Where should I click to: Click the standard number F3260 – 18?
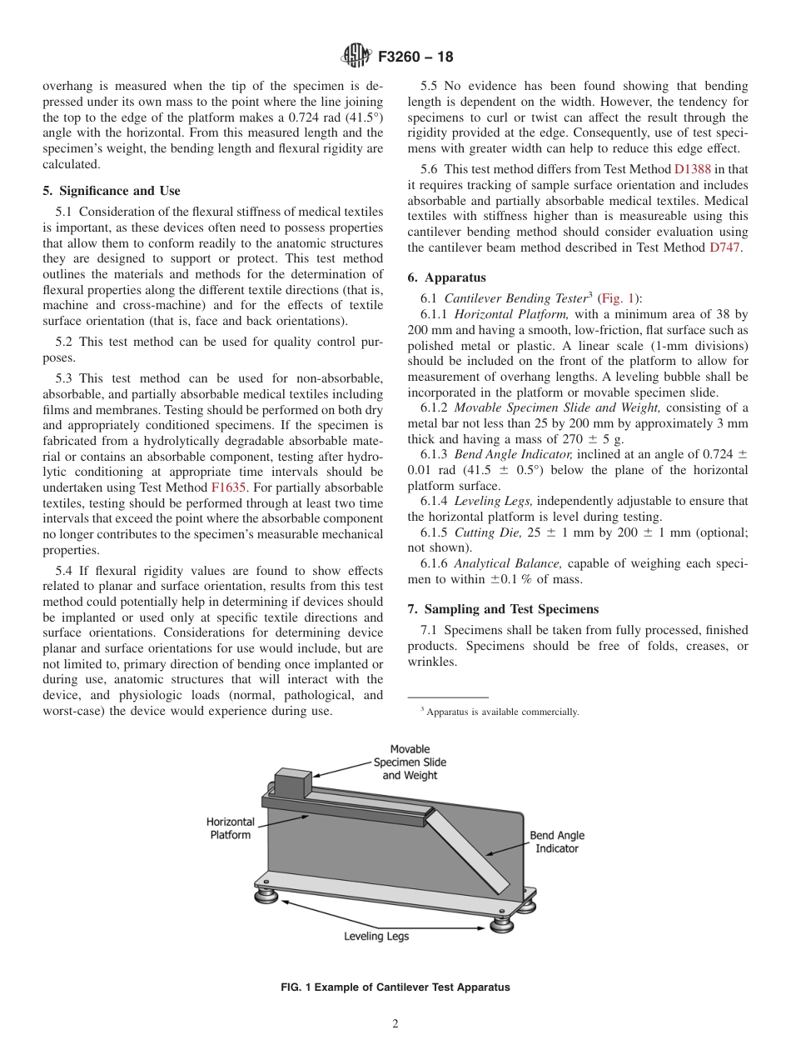415,57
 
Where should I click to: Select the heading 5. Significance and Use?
112,191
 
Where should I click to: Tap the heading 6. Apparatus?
447,277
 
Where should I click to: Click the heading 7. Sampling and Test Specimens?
503,609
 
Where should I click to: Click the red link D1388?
692,169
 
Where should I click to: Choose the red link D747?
724,247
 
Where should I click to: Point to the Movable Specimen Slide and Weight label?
410,762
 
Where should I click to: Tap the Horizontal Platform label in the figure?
231,828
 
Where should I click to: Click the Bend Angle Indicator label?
557,842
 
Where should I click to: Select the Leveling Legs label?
376,936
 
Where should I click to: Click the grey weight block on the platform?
292,785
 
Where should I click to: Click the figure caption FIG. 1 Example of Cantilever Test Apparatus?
395,987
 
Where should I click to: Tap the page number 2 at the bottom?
395,1024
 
